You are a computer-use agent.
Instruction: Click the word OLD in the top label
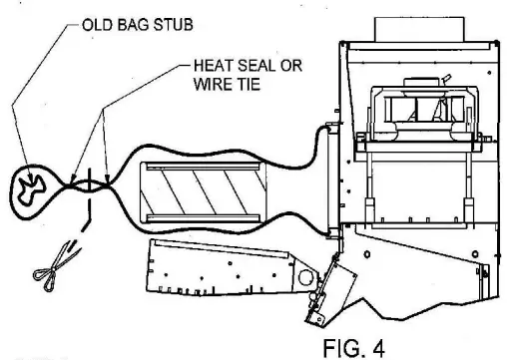pos(94,22)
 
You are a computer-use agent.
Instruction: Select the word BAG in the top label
pos(126,22)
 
